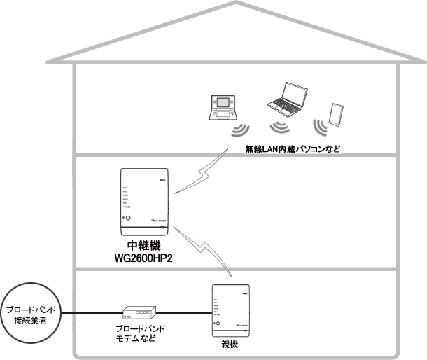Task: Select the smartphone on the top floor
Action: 335,113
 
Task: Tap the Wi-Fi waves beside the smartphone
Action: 321,127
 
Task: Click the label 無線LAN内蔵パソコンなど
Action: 291,148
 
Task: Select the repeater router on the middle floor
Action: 145,201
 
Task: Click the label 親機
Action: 229,346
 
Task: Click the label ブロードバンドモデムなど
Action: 140,333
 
